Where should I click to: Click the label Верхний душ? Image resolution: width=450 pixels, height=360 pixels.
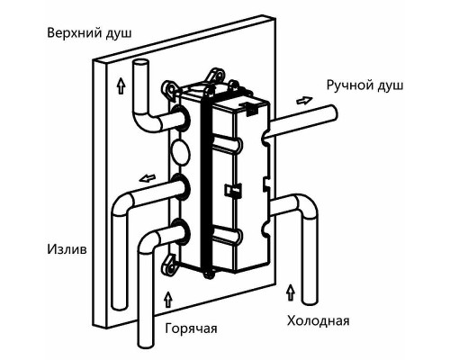pos(89,33)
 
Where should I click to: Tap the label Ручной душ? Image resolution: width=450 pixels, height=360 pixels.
pos(364,85)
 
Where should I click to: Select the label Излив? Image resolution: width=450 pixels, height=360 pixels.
pos(67,249)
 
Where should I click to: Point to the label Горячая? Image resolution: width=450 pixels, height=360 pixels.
pos(191,328)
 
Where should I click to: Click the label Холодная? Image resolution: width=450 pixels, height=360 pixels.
pos(319,320)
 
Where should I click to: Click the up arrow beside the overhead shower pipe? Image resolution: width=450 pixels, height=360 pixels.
pos(121,85)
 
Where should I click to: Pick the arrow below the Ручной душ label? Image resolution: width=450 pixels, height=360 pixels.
pos(304,100)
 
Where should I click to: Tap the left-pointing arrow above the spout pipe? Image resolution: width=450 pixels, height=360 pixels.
pos(148,178)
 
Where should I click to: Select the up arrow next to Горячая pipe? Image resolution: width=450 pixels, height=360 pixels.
pos(168,299)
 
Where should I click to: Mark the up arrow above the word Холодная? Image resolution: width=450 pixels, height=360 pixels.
pos(290,292)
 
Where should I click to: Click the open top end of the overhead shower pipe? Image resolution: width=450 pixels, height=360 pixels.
pos(140,64)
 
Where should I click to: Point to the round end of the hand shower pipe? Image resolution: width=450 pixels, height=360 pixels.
pos(334,113)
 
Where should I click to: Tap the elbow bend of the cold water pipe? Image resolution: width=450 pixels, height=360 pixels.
pos(305,204)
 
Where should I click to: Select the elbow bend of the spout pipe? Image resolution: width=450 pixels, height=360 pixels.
pos(122,203)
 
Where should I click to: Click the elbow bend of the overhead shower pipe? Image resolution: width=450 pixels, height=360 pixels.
pos(144,121)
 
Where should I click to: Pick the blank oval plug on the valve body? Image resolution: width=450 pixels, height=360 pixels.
pos(180,152)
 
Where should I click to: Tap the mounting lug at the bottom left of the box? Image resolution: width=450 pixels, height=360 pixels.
pos(168,264)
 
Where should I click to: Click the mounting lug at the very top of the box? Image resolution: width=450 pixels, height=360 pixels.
pos(215,74)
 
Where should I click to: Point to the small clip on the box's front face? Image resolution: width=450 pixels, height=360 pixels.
pos(233,190)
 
